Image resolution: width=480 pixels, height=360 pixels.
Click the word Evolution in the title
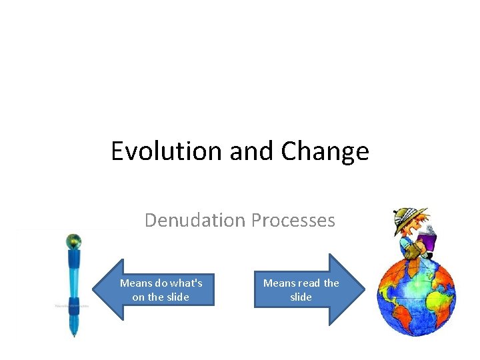167,151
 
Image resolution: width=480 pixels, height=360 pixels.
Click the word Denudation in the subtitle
194,220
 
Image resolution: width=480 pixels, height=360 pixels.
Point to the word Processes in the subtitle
295,220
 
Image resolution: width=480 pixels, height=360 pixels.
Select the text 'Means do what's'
161,283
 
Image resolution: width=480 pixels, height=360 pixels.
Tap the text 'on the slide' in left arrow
161,297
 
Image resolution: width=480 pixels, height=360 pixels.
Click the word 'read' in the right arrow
309,283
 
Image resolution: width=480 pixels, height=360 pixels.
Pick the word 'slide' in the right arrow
301,297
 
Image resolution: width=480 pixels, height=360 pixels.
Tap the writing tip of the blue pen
73,335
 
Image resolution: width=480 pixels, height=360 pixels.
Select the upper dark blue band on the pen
74,256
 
